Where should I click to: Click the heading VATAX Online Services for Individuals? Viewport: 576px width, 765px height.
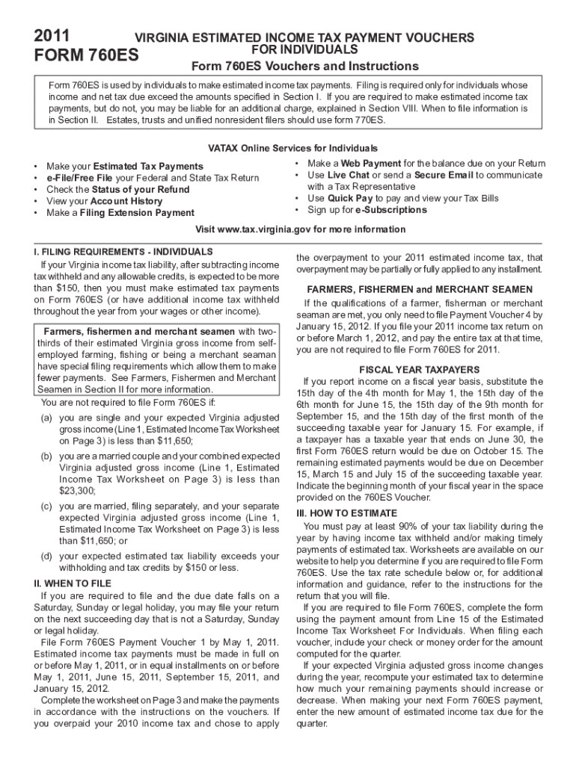pos(287,149)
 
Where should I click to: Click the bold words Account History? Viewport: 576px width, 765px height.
pos(126,202)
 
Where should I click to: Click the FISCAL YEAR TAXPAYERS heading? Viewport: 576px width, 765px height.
pos(420,370)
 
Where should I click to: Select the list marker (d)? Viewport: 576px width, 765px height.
pos(46,556)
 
